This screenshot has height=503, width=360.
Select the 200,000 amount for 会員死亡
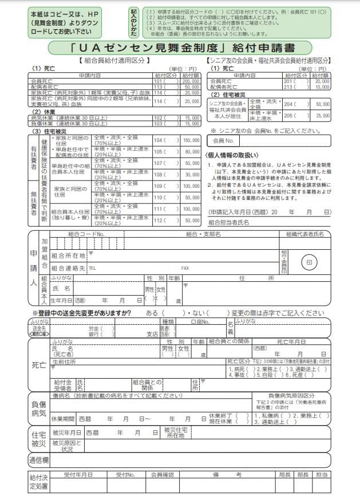pyautogui.click(x=191, y=81)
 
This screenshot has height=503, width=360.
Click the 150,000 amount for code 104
pyautogui.click(x=191, y=140)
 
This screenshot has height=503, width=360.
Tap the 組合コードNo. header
pyautogui.click(x=86, y=234)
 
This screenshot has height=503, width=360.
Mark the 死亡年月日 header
pyautogui.click(x=291, y=341)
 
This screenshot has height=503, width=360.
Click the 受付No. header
pyautogui.click(x=125, y=475)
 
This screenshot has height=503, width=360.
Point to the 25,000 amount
pyautogui.click(x=321, y=116)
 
